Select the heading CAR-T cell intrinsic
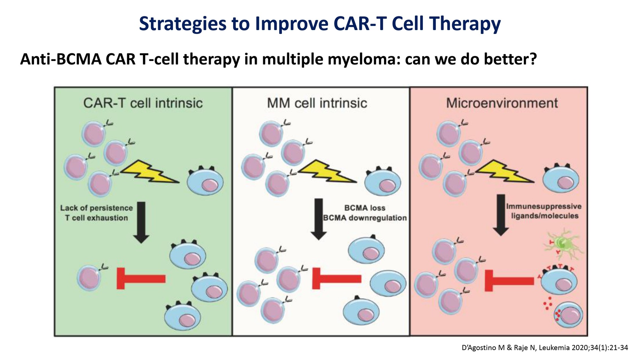pyautogui.click(x=143, y=103)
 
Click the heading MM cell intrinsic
pyautogui.click(x=317, y=103)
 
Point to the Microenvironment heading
pyautogui.click(x=502, y=103)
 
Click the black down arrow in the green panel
pyautogui.click(x=141, y=222)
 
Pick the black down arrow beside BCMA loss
pyautogui.click(x=318, y=219)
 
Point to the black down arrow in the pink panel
pyautogui.click(x=501, y=215)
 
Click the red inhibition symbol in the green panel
pyautogui.click(x=141, y=278)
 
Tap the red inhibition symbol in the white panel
pyautogui.click(x=337, y=278)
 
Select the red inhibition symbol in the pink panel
pyautogui.click(x=509, y=281)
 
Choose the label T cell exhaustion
pyautogui.click(x=97, y=218)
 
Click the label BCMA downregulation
pyautogui.click(x=365, y=218)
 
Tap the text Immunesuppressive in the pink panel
pyautogui.click(x=544, y=206)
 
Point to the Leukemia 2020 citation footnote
pyautogui.click(x=545, y=348)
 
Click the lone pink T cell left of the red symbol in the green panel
pyautogui.click(x=89, y=278)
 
